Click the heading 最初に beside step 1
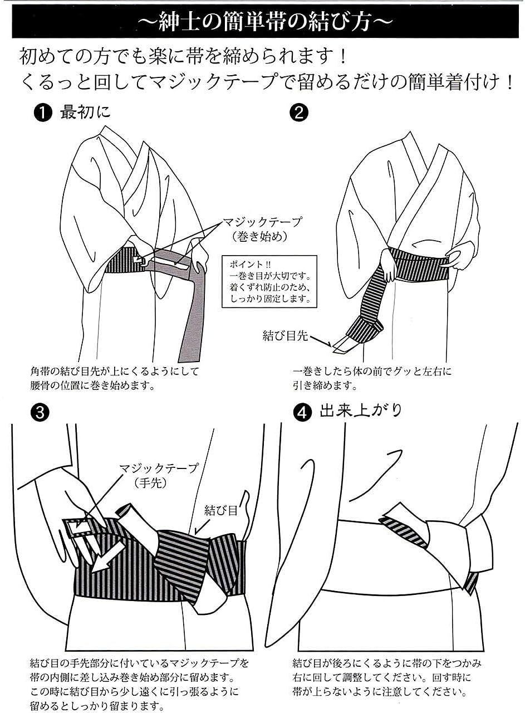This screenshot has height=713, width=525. tap(85, 113)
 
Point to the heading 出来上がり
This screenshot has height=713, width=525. tap(361, 411)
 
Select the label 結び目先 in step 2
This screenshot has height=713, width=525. tap(285, 336)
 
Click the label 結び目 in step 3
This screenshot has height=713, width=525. tap(220, 511)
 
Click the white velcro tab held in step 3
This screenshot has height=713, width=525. tap(78, 528)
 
